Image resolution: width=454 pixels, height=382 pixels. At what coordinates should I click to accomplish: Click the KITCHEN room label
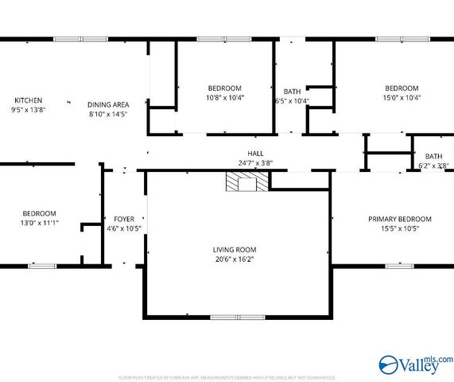(x=28, y=100)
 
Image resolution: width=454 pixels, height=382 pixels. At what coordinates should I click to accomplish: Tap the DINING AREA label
(x=108, y=104)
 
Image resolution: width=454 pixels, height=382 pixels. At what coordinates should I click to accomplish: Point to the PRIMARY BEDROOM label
(x=399, y=219)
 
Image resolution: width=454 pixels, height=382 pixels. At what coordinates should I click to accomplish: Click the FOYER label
(x=124, y=219)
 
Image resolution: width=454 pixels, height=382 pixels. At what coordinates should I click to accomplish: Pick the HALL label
(x=255, y=154)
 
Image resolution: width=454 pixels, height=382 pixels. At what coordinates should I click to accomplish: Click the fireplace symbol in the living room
(x=246, y=183)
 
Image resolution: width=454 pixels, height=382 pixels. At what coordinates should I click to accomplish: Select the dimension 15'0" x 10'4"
(x=402, y=98)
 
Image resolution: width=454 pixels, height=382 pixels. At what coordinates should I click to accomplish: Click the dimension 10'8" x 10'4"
(x=225, y=98)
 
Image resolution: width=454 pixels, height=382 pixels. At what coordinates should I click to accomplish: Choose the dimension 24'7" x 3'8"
(x=255, y=163)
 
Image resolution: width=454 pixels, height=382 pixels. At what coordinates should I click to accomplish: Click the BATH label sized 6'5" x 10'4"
(x=292, y=92)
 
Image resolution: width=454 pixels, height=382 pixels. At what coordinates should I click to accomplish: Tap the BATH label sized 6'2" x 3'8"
(x=433, y=156)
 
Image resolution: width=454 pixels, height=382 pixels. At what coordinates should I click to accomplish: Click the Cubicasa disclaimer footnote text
(x=227, y=377)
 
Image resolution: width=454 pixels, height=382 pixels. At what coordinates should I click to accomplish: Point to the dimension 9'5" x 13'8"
(x=28, y=110)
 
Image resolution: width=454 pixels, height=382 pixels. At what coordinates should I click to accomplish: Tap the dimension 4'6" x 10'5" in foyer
(x=124, y=228)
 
